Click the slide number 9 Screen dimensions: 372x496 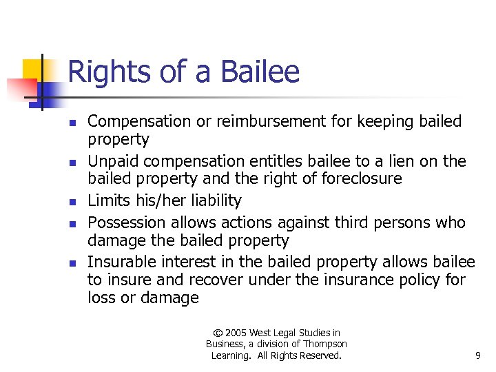pos(477,355)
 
